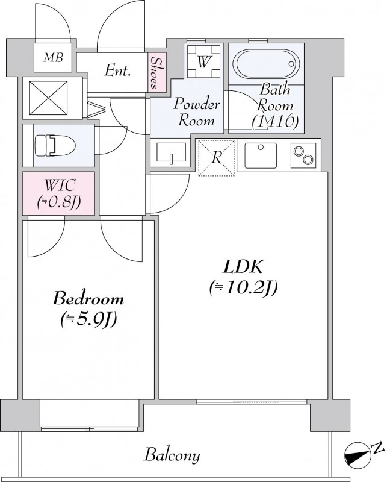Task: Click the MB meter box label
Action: (x=54, y=57)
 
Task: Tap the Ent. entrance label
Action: (x=117, y=70)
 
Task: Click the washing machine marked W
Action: (x=203, y=61)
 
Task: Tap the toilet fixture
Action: (x=55, y=145)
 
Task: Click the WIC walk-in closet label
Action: (x=59, y=186)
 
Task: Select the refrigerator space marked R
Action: (x=217, y=158)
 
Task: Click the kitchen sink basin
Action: (x=261, y=155)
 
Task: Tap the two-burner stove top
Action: (x=303, y=155)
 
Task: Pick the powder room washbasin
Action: (x=171, y=152)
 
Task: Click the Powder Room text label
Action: (x=197, y=112)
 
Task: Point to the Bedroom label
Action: (x=88, y=299)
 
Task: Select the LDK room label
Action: (x=243, y=266)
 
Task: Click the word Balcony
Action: (x=172, y=455)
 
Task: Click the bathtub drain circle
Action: (x=291, y=64)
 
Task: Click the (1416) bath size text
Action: (x=275, y=121)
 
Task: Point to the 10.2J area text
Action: (x=244, y=289)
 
